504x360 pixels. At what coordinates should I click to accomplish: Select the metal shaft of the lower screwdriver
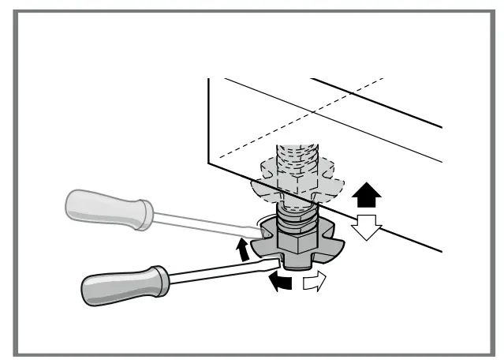point(221,268)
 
